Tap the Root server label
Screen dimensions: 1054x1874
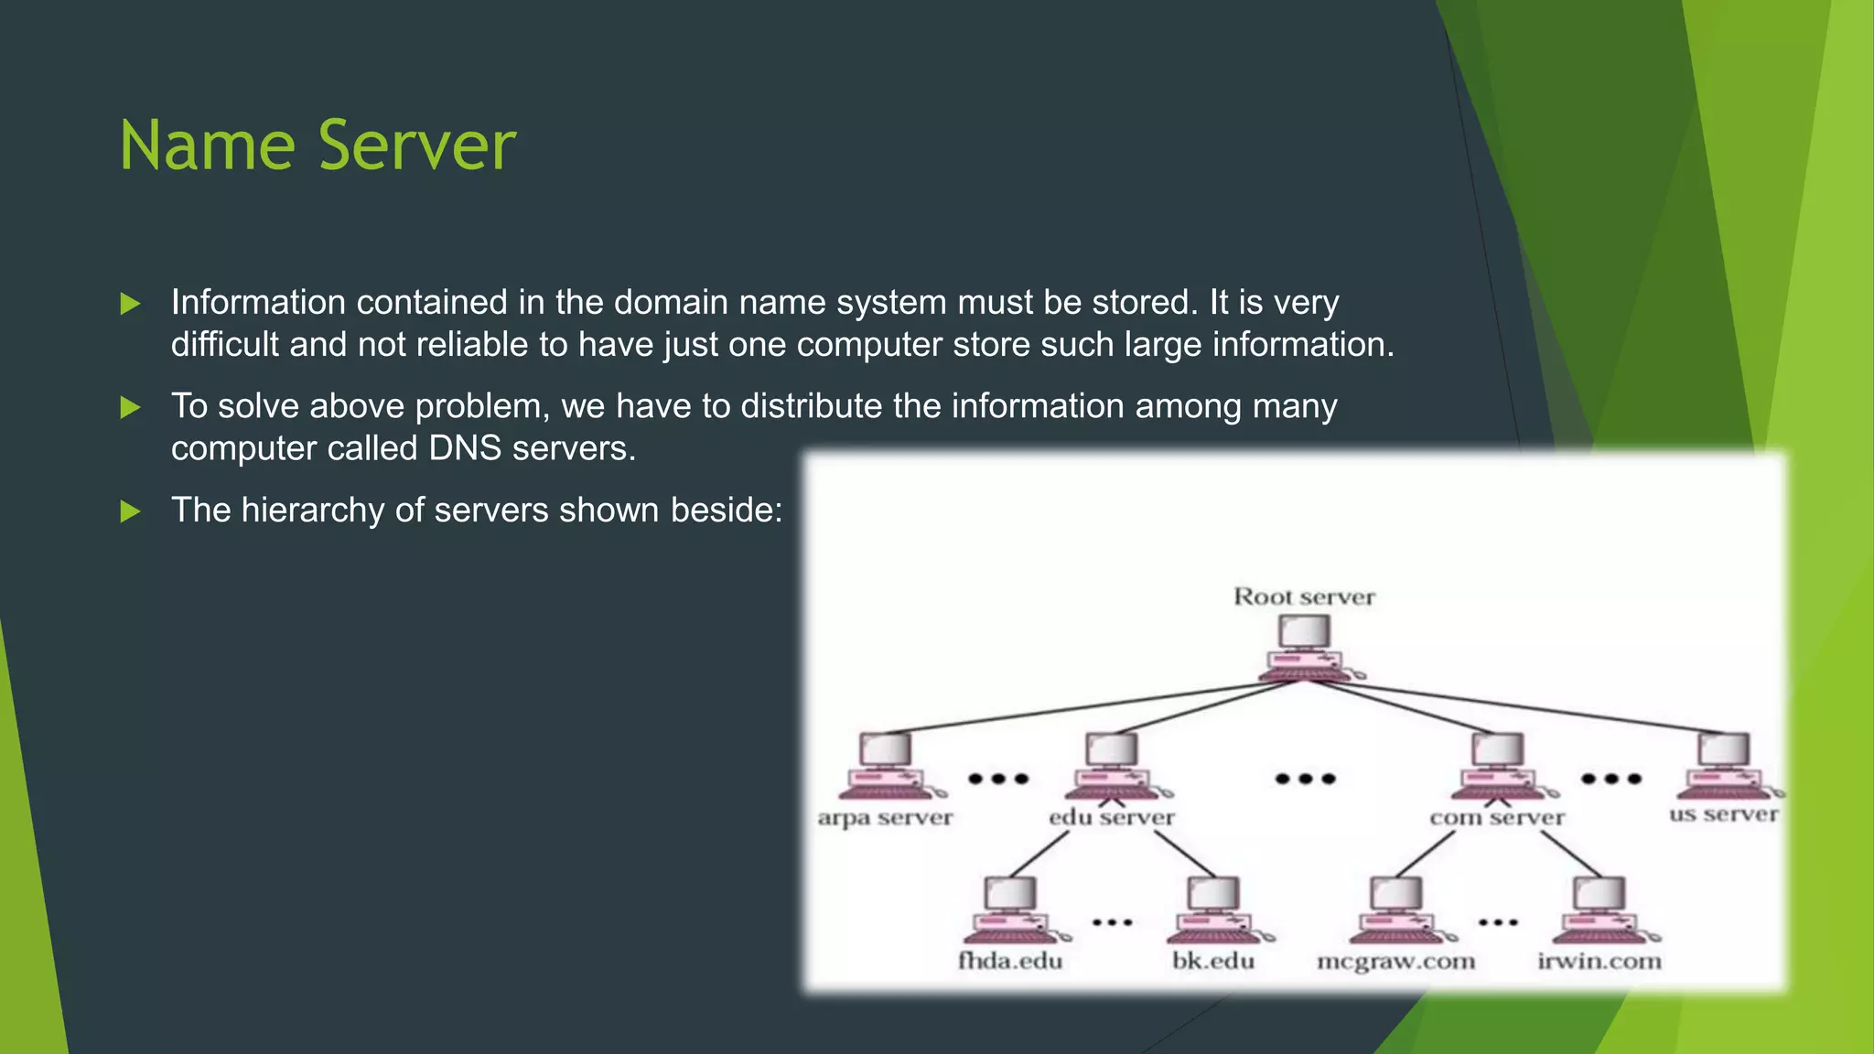click(1304, 597)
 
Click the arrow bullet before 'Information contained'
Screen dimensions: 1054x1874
click(131, 304)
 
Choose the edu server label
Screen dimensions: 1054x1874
click(1111, 817)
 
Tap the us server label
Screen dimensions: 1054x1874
click(1723, 814)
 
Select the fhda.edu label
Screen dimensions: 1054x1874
click(1010, 961)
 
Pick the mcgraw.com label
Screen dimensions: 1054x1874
click(1395, 961)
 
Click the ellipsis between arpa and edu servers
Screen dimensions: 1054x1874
click(998, 779)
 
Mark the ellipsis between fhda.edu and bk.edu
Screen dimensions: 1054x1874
click(1112, 922)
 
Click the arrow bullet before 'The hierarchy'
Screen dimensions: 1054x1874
click(131, 511)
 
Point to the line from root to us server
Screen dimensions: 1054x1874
click(1537, 707)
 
